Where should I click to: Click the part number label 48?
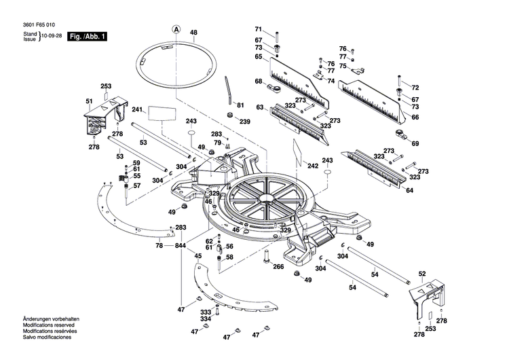coord(193,33)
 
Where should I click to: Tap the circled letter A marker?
coord(176,29)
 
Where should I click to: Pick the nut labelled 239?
coord(229,117)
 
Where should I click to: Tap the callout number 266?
coord(278,267)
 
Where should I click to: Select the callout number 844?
coord(180,245)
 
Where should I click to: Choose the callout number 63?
coord(259,107)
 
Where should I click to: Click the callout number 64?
coord(409,190)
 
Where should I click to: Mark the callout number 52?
coord(422,274)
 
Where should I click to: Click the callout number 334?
coord(205,319)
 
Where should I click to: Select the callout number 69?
coord(415,143)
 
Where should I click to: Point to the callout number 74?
coord(331,81)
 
